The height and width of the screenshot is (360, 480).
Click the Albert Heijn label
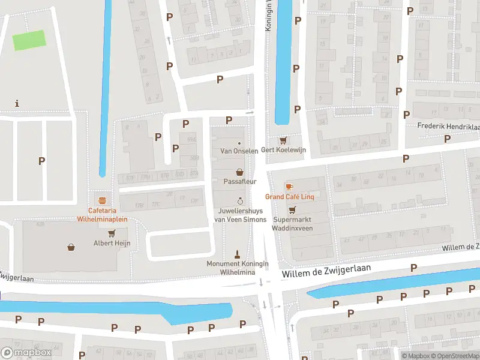[x=112, y=243]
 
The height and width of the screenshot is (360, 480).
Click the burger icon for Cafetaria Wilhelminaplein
[x=102, y=200]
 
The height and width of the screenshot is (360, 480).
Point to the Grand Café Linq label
[x=290, y=197]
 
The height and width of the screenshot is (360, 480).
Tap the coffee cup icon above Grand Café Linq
[x=289, y=187]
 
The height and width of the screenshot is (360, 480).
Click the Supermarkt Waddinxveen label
[x=292, y=224]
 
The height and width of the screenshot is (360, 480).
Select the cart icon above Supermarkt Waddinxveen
[x=292, y=210]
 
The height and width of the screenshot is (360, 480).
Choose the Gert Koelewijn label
[x=283, y=151]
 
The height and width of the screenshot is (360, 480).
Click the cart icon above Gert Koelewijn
[x=283, y=140]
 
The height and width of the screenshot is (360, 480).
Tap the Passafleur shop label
[x=239, y=181]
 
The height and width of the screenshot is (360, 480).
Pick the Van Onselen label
[x=239, y=151]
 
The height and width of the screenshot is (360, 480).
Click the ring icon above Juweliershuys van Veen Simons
[x=240, y=201]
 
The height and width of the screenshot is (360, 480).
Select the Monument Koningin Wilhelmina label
[x=238, y=268]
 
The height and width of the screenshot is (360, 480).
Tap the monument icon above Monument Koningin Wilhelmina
[x=237, y=254]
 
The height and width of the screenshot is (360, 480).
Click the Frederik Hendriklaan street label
[x=449, y=127]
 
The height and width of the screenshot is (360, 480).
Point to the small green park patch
[x=29, y=40]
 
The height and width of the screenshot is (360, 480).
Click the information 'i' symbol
[x=17, y=103]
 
